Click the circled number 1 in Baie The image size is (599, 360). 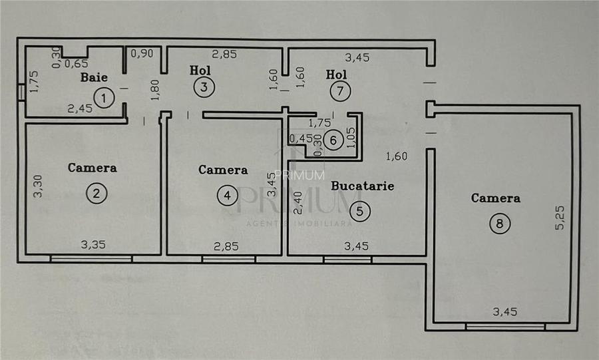[x=103, y=98]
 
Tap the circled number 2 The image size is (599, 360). [x=97, y=194]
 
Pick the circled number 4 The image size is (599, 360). [x=228, y=195]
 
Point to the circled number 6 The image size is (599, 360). [x=334, y=140]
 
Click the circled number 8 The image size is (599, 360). [x=500, y=223]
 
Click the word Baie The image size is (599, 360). [x=95, y=78]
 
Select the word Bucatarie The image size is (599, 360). [x=362, y=186]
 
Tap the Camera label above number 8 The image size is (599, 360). [x=495, y=198]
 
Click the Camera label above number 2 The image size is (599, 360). [x=92, y=168]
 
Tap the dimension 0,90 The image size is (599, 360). [x=141, y=53]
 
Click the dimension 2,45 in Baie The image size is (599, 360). [x=81, y=108]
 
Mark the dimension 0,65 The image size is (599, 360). [x=78, y=64]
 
